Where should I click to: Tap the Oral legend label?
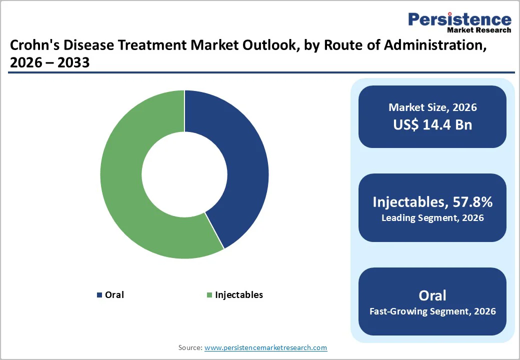point(114,295)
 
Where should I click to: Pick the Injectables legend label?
point(239,295)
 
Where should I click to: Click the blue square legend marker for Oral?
point(99,295)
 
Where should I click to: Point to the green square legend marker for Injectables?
point(209,295)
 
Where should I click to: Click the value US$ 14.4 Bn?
point(432,124)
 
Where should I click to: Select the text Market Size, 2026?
point(432,107)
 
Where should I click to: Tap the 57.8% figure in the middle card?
point(472,202)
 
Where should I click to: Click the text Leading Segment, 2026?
point(432,218)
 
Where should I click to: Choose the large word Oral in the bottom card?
point(432,295)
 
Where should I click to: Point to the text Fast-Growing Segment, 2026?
point(432,311)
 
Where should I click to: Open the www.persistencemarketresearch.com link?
point(265,347)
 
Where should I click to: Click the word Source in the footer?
point(190,347)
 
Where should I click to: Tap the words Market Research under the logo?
point(479,30)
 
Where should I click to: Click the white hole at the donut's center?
point(184,174)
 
